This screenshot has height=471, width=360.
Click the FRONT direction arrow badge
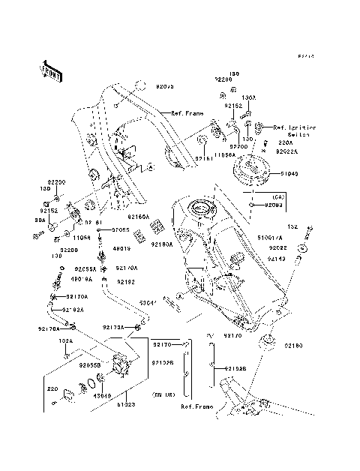(x=50, y=70)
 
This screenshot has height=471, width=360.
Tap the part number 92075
(x=164, y=87)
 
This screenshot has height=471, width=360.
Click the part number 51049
(x=289, y=172)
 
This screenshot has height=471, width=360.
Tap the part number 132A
(x=66, y=340)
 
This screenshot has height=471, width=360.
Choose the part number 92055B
(x=89, y=366)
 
